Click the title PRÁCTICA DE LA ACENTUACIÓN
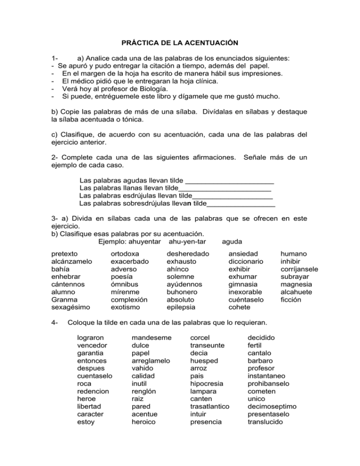click(180, 43)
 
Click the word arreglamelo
click(152, 361)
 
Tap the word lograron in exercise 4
click(91, 338)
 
